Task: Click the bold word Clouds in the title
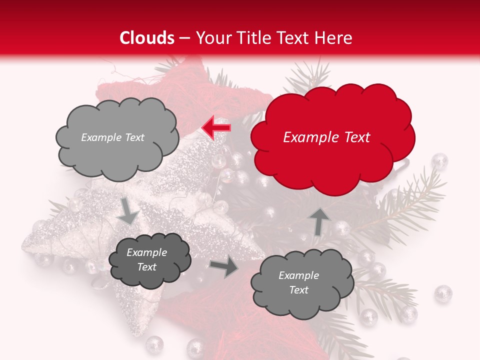coord(147,38)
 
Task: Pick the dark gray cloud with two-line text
coord(149,259)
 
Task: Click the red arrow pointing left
coord(216,127)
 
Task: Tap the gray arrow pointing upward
coord(320,220)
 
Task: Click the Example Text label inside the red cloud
coord(326,137)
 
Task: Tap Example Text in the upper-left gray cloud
coord(112,137)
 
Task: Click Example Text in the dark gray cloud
coord(146,259)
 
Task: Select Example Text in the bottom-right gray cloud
coord(298,282)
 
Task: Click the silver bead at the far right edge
coord(443,293)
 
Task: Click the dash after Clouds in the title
coord(184,38)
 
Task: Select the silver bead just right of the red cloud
coord(439,161)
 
